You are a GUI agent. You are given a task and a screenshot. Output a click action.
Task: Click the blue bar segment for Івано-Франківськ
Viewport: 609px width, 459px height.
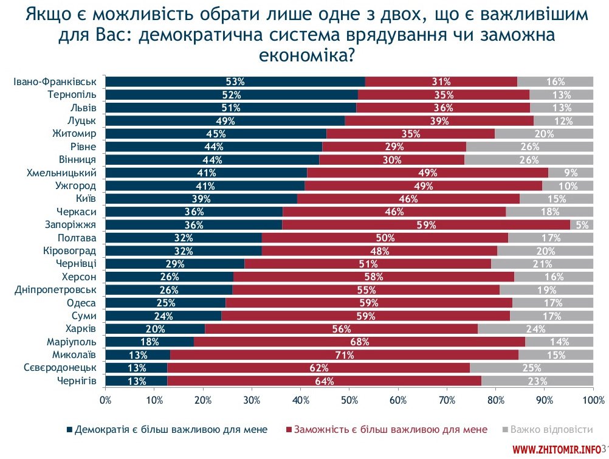[x=235, y=81]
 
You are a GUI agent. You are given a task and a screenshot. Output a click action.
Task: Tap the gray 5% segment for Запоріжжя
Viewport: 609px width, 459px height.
[x=582, y=224]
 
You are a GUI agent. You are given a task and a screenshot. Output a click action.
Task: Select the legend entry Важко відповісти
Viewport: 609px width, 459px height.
[x=551, y=429]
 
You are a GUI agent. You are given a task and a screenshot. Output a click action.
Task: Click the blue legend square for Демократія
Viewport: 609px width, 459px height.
[x=69, y=430]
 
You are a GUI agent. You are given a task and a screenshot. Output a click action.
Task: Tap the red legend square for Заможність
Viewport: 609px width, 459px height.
[x=288, y=430]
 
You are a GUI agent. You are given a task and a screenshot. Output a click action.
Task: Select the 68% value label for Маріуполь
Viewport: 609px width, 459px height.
[x=360, y=342]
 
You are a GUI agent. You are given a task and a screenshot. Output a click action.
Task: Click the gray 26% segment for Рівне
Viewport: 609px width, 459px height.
[x=529, y=147]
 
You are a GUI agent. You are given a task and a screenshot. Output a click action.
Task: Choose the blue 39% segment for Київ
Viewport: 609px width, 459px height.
[x=201, y=199]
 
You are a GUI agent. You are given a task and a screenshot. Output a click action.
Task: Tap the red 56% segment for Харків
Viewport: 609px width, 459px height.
[x=341, y=329]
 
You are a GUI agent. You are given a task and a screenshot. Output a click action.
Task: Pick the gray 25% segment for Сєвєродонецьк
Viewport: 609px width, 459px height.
[x=531, y=368]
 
